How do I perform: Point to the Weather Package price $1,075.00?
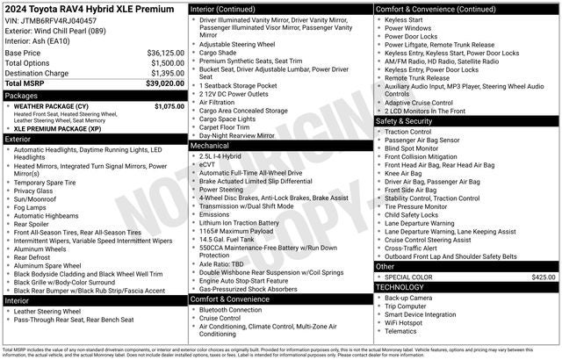(169, 105)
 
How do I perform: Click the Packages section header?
(21, 95)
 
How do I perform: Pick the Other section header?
(385, 266)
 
